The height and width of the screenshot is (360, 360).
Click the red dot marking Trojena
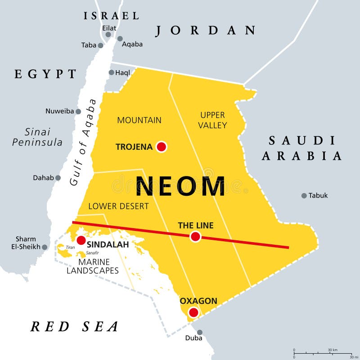click(x=161, y=147)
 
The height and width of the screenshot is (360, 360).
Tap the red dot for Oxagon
click(x=193, y=312)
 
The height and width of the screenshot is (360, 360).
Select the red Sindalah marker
click(x=81, y=241)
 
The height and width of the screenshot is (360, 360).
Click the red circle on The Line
click(x=195, y=236)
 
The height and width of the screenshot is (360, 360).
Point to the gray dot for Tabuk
click(x=304, y=196)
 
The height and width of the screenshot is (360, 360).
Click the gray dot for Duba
click(x=200, y=333)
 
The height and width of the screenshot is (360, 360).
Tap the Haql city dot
click(x=111, y=72)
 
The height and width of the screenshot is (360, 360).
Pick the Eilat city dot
click(x=107, y=36)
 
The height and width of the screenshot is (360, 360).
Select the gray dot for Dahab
click(x=58, y=178)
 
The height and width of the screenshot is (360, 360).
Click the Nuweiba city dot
click(x=78, y=111)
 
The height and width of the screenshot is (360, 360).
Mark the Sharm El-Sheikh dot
click(x=45, y=247)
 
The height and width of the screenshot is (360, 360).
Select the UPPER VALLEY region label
click(x=213, y=120)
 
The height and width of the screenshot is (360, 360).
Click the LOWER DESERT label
click(x=118, y=207)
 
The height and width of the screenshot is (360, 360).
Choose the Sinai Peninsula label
click(x=37, y=137)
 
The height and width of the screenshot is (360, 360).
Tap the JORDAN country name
click(x=206, y=31)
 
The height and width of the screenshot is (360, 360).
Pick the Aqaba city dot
click(x=120, y=39)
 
